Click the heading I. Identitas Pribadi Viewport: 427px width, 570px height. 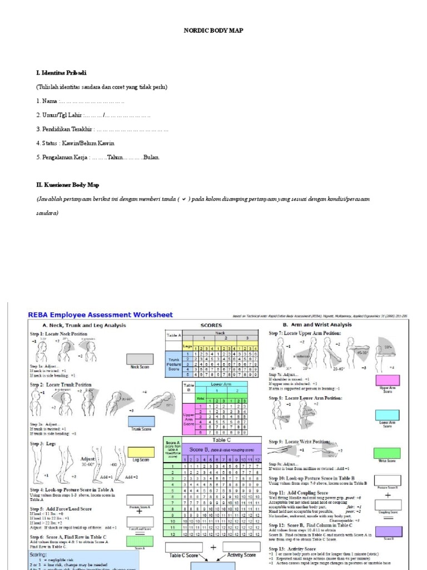[x=61, y=73]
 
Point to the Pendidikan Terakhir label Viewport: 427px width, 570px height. [x=68, y=129]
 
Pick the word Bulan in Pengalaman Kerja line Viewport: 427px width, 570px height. [x=151, y=158]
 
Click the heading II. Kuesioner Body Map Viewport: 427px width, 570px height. [x=67, y=185]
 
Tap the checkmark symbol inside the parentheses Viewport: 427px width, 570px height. [x=184, y=199]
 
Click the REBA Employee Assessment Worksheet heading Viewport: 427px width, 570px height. [x=101, y=315]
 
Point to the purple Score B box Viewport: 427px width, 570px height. [x=388, y=532]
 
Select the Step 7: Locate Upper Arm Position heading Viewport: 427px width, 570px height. [x=305, y=333]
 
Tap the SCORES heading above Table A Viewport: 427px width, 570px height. [x=211, y=325]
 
